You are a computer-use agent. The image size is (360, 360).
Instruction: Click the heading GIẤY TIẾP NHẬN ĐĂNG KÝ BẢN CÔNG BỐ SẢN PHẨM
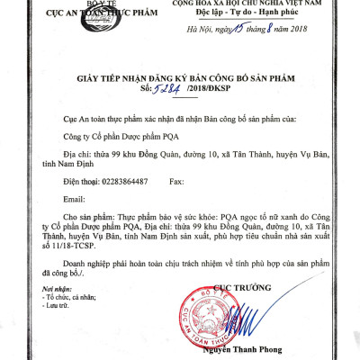[x=179, y=78]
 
